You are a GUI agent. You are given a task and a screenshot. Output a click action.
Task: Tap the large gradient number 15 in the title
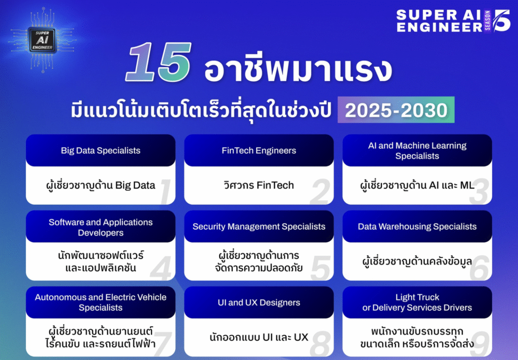[158, 63]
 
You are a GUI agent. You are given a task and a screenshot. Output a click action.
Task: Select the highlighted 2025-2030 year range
[396, 110]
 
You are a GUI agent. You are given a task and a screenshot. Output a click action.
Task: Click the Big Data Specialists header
[101, 151]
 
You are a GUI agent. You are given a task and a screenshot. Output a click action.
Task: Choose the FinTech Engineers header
[258, 151]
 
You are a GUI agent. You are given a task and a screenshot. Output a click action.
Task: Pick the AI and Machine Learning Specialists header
[417, 151]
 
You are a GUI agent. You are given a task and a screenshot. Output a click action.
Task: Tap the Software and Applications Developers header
[101, 227]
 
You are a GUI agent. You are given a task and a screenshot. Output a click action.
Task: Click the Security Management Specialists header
[258, 227]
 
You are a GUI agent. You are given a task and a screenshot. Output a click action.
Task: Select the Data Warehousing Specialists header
[417, 227]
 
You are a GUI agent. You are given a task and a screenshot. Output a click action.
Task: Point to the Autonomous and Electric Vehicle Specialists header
[101, 302]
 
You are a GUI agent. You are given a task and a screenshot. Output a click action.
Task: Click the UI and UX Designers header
[258, 302]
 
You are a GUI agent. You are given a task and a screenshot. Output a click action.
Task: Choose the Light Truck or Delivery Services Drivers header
[417, 302]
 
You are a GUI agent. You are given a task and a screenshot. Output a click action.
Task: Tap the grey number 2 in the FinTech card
[320, 192]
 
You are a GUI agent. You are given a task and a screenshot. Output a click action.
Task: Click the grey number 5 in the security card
[320, 268]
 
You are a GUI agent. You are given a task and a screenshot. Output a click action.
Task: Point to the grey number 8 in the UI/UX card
[320, 344]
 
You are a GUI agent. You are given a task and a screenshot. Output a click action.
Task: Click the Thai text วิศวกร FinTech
[258, 185]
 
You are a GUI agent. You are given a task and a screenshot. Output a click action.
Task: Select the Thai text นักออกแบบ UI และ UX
[258, 337]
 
